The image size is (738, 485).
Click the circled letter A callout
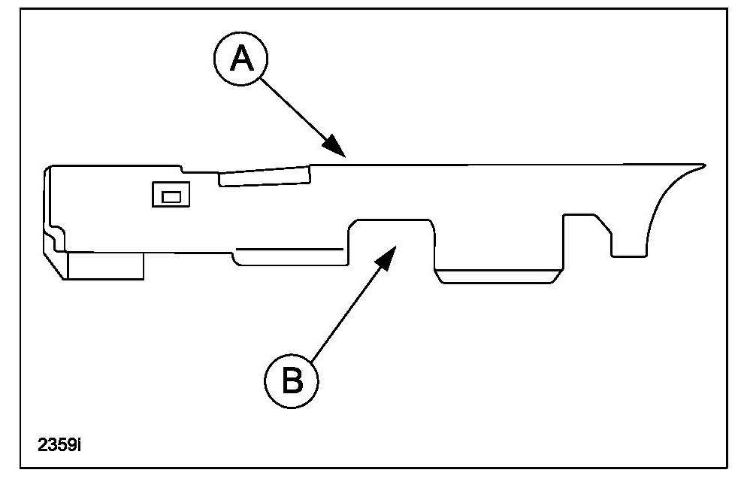pyautogui.click(x=240, y=58)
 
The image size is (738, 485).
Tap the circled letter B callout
pyautogui.click(x=292, y=380)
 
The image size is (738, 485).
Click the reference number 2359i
pyautogui.click(x=59, y=444)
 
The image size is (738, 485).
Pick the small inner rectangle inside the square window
pyautogui.click(x=171, y=196)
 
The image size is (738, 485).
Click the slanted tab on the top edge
pyautogui.click(x=264, y=175)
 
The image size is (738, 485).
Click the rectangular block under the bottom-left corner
pyautogui.click(x=106, y=265)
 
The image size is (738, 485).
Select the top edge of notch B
pyautogui.click(x=393, y=219)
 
